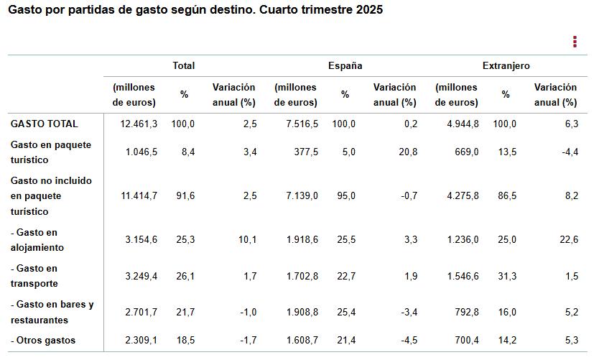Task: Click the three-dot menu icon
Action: pos(575,42)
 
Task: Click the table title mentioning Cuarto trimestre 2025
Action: pos(195,11)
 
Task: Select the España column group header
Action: pos(345,65)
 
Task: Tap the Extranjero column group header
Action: pos(506,65)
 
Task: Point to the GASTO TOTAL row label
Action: pos(45,124)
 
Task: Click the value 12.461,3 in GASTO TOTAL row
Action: pos(139,124)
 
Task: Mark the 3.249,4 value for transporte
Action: pos(139,276)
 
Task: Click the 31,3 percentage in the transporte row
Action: pos(507,276)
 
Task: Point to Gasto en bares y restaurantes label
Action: pos(52,312)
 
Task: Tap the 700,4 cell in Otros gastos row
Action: pos(464,340)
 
